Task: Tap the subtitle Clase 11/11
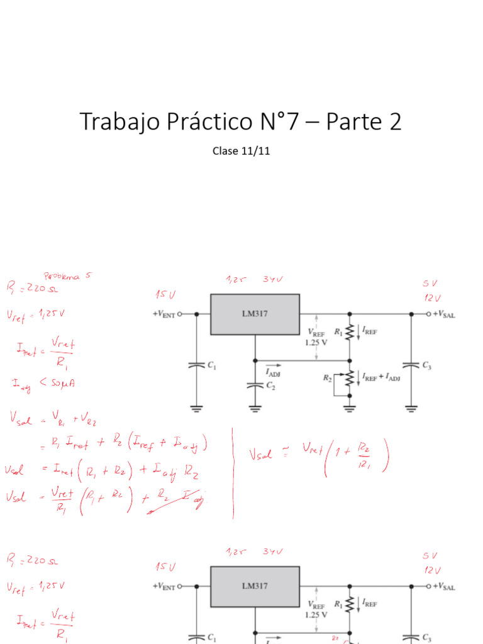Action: [241, 151]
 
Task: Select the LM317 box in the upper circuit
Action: [255, 313]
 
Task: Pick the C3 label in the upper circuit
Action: [427, 365]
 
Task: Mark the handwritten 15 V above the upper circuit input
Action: [165, 294]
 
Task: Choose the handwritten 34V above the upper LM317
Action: [273, 279]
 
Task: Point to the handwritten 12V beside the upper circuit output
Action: [432, 297]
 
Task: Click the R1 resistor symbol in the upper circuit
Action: [350, 331]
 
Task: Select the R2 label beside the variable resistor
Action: [328, 378]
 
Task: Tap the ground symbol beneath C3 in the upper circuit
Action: [411, 408]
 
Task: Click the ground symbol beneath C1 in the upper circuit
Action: [196, 408]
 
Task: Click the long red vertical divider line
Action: [233, 472]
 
